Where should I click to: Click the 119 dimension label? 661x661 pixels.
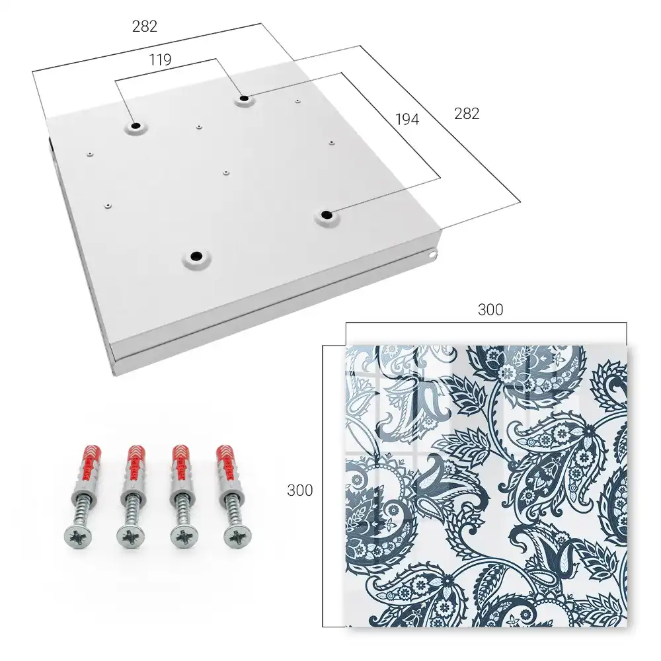pyautogui.click(x=160, y=60)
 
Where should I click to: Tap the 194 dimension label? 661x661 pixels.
pyautogui.click(x=407, y=120)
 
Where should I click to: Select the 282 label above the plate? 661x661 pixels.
pyautogui.click(x=145, y=26)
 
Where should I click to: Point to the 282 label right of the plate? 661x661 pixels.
pyautogui.click(x=467, y=114)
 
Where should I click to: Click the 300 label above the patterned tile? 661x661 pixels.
pyautogui.click(x=490, y=310)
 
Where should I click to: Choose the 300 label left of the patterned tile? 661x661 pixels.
pyautogui.click(x=299, y=490)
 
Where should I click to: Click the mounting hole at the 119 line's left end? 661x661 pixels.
pyautogui.click(x=136, y=126)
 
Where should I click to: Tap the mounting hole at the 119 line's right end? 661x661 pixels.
pyautogui.click(x=244, y=100)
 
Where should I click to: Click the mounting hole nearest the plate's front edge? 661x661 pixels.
pyautogui.click(x=196, y=256)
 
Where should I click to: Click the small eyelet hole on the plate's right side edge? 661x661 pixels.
pyautogui.click(x=432, y=254)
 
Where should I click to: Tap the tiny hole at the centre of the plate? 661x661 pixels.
pyautogui.click(x=226, y=173)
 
